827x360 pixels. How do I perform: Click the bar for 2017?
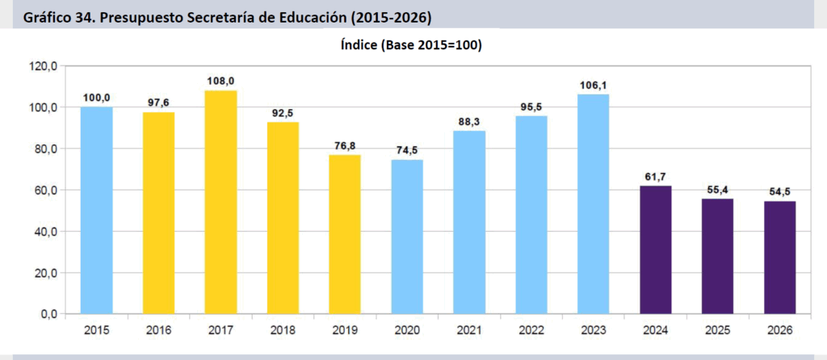pos(220,202)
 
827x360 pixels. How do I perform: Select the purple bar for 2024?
pos(655,249)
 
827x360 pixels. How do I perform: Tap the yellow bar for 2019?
pos(345,234)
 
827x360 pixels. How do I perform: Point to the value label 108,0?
pos(220,81)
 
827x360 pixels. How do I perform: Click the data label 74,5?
pos(407,150)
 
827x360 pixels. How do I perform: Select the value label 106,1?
pos(594,85)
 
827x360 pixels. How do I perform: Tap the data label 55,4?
pos(717,190)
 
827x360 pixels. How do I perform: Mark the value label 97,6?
pos(158,103)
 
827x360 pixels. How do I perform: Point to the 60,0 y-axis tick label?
pos(43,190)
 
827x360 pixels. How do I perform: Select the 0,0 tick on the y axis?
pos(47,314)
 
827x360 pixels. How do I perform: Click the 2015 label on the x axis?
pos(96,331)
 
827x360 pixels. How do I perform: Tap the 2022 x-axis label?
pos(531,331)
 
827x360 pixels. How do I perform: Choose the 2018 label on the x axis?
pos(283,331)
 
